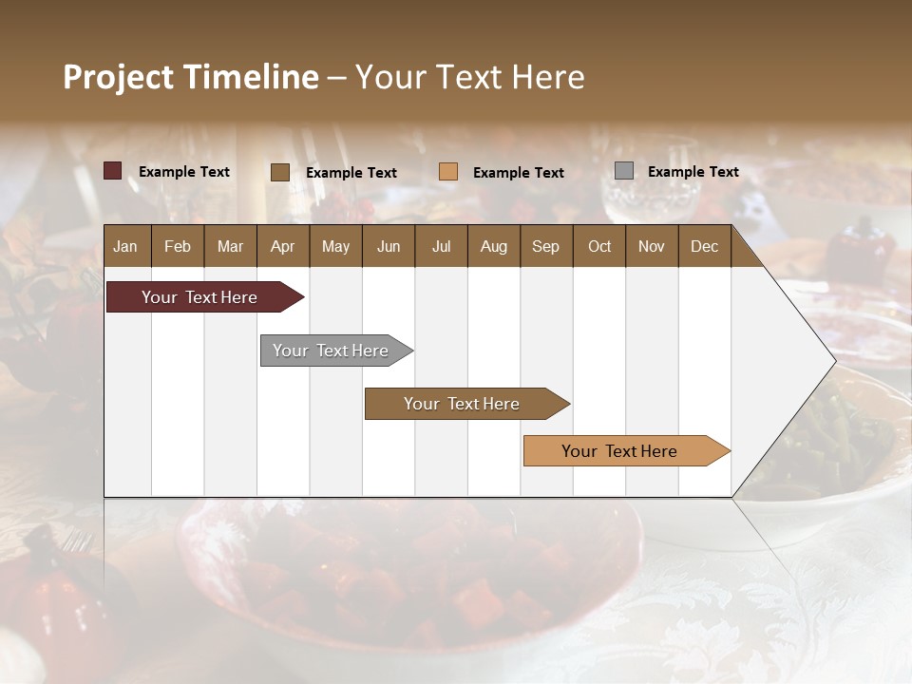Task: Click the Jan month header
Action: tap(126, 246)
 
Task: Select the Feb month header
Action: tap(178, 246)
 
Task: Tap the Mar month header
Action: tap(230, 246)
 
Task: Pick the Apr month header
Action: tap(283, 246)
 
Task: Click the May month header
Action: tap(335, 246)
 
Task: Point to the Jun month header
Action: tap(389, 246)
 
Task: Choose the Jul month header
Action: tap(441, 246)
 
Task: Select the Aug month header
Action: tap(494, 246)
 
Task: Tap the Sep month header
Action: tap(546, 246)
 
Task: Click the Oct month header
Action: tap(599, 246)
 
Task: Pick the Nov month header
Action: tap(652, 246)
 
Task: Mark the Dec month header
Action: tap(705, 246)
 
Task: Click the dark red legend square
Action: tap(113, 171)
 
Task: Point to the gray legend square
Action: tap(624, 171)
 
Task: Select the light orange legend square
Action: tap(448, 172)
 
